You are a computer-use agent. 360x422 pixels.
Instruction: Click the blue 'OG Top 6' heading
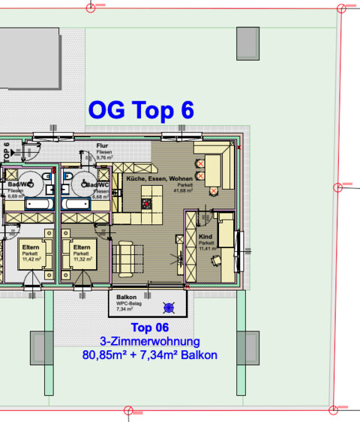point(141,110)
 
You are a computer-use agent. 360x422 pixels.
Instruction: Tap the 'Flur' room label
point(103,147)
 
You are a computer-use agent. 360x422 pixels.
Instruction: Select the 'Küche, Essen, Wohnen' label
point(159,179)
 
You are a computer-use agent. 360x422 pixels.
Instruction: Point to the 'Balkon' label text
point(125,298)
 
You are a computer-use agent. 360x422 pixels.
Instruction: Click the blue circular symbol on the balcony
point(169,306)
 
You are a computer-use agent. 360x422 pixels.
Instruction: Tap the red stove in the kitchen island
point(148,202)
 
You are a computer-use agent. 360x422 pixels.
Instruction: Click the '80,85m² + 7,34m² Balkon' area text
point(149,355)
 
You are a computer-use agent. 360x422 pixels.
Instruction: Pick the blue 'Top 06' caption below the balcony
point(150,328)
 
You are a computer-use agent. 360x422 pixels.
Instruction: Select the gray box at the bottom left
point(39,347)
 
